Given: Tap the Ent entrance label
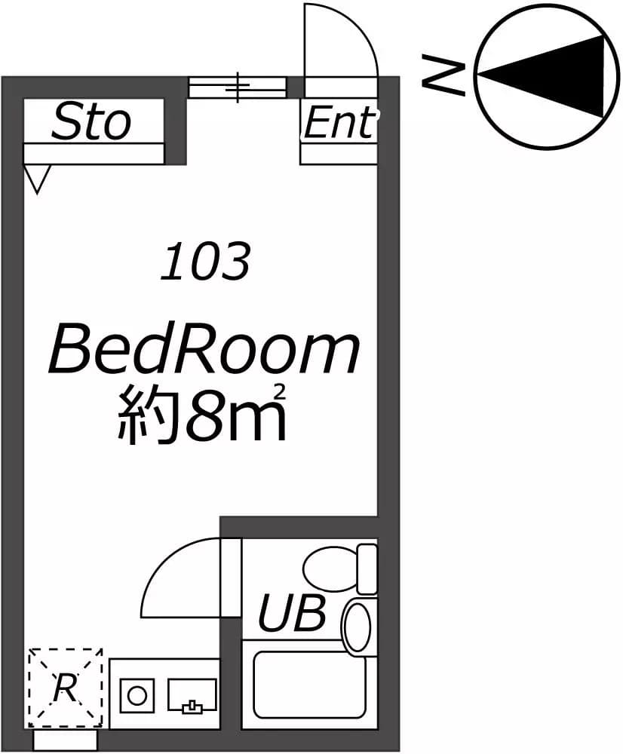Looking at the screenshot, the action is tap(339, 122).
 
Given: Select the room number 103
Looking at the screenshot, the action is tap(205, 262).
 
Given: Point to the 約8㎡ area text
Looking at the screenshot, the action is tap(203, 413).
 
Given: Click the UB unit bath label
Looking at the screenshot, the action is tap(292, 612).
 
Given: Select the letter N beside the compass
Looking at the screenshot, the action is tap(443, 75).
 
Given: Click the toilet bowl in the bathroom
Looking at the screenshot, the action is tap(331, 569).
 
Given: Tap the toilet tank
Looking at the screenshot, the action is tap(367, 569).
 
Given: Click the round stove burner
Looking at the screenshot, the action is tap(137, 695).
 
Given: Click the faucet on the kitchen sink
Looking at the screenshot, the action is tap(192, 706).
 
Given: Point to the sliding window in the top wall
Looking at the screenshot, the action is tap(237, 87).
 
